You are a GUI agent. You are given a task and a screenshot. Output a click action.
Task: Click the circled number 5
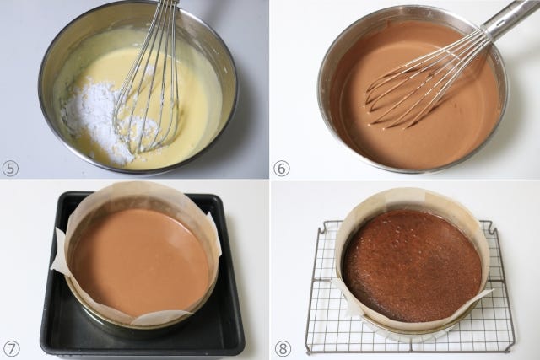pyautogui.click(x=9, y=169)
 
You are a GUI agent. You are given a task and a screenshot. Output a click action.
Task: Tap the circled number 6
pyautogui.click(x=281, y=169)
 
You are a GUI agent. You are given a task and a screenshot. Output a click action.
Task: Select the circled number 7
pyautogui.click(x=12, y=349)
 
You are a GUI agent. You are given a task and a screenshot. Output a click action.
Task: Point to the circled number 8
pyautogui.click(x=283, y=349)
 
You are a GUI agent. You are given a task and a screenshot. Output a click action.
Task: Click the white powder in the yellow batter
pyautogui.click(x=103, y=117)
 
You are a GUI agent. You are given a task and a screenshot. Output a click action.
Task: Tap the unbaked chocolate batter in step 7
pyautogui.click(x=139, y=261)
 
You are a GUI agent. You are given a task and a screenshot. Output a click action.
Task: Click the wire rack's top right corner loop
pyautogui.click(x=493, y=227)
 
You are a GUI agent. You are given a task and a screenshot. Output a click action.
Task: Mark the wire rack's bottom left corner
pyautogui.click(x=308, y=351)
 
